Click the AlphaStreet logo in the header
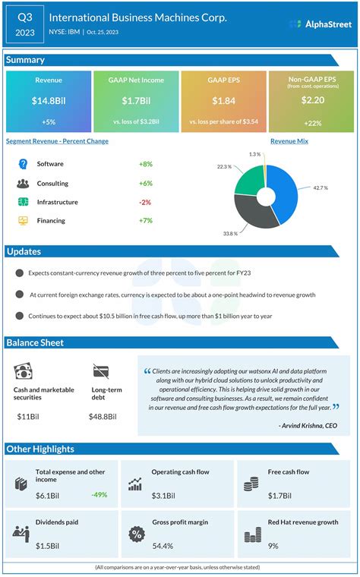tap(321, 24)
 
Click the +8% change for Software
tap(146, 164)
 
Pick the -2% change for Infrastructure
tap(146, 202)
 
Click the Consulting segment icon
tap(23, 183)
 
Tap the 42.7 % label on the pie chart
tap(321, 188)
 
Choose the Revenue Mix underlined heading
tap(289, 141)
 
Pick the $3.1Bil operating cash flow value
tap(164, 495)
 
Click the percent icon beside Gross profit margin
tap(137, 534)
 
